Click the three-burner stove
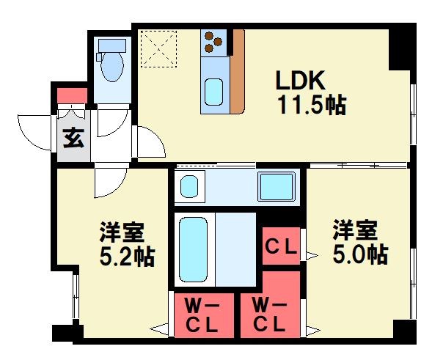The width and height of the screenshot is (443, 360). pos(214,41)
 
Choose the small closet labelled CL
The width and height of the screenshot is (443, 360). pos(281,246)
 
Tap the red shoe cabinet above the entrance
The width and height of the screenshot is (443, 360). pos(71,95)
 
